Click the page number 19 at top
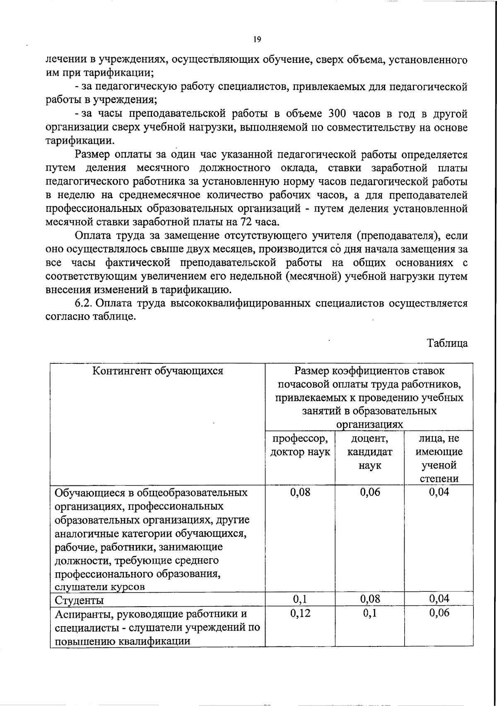[x=256, y=39]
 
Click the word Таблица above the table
[x=448, y=343]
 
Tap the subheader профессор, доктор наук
[x=300, y=445]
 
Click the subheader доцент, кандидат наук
[x=369, y=452]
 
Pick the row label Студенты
[x=79, y=600]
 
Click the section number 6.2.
[x=83, y=303]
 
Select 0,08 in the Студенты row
[x=370, y=599]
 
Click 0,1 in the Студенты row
[x=300, y=599]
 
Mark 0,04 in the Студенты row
[x=439, y=599]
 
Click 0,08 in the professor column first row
[x=300, y=492]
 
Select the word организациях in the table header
[x=369, y=425]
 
